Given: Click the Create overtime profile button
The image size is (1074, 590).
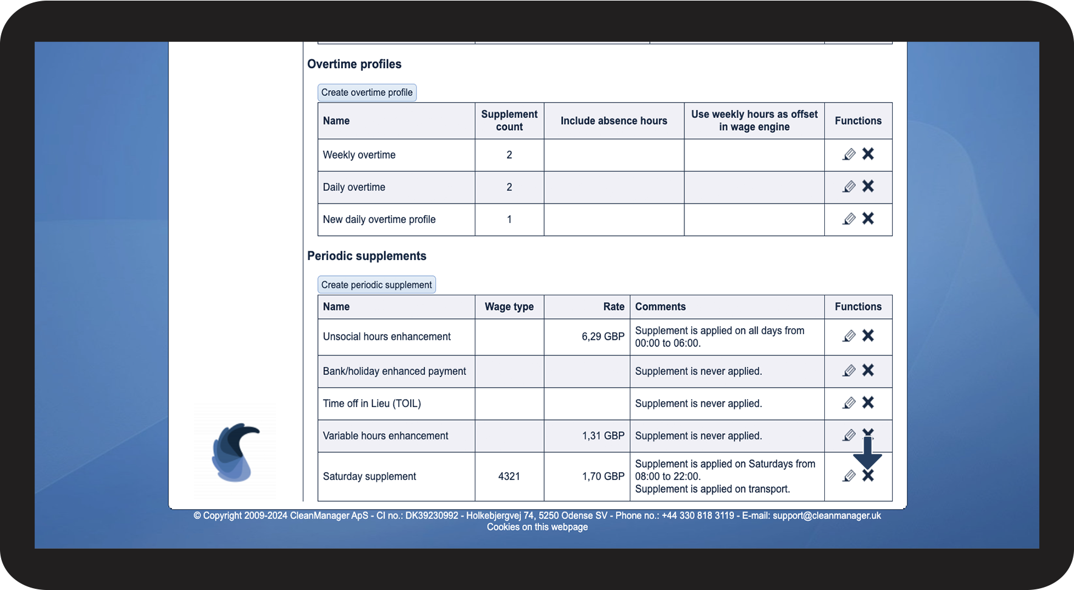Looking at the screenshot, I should click(x=367, y=92).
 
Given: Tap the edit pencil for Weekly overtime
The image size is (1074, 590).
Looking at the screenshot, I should click(x=849, y=154).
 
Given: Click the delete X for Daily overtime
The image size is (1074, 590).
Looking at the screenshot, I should click(x=868, y=186).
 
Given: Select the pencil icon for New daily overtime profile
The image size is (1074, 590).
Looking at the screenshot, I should click(x=849, y=219).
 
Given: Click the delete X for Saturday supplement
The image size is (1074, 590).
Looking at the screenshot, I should click(x=868, y=476).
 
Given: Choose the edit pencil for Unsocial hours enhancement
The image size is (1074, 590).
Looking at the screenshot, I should click(x=849, y=336).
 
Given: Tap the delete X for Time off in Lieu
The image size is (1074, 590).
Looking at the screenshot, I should click(x=868, y=402).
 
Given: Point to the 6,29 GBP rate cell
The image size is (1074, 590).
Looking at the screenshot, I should click(x=602, y=337).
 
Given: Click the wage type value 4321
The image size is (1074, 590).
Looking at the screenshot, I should click(x=509, y=476).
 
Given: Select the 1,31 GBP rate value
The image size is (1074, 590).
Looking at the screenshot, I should click(x=603, y=436).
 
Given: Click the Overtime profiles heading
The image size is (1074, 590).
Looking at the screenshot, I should click(x=354, y=64).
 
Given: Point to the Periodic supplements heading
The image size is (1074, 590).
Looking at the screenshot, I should click(x=367, y=256).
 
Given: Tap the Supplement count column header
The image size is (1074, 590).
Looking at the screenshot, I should click(x=509, y=120).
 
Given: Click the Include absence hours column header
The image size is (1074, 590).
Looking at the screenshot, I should click(x=613, y=121).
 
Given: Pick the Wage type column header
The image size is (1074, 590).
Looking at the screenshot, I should click(x=509, y=307).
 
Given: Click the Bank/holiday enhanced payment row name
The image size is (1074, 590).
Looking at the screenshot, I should click(x=394, y=371).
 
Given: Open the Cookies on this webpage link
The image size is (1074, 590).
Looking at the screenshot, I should click(x=537, y=527).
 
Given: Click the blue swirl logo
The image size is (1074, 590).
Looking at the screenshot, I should click(x=235, y=452).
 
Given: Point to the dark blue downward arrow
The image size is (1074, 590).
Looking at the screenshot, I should click(x=867, y=452).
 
